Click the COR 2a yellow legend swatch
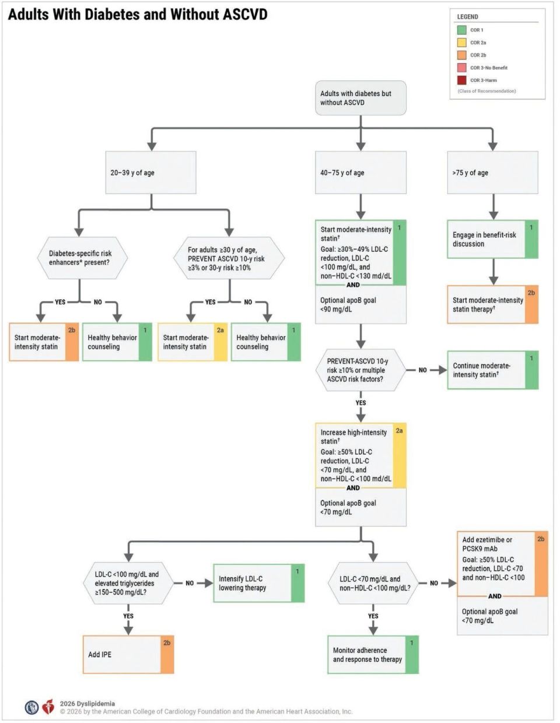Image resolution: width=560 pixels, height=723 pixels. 461,43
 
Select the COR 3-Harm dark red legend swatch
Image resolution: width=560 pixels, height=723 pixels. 461,80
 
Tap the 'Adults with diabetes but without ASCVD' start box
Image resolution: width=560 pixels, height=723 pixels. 360,98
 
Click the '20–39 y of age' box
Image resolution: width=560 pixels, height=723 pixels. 150,173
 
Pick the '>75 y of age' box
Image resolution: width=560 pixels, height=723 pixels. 492,173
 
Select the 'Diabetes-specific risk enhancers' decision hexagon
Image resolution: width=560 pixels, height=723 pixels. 82,258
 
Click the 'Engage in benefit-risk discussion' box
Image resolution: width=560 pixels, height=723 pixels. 492,239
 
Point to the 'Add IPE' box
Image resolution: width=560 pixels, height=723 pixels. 128,654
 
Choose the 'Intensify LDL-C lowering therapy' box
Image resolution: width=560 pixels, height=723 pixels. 259,583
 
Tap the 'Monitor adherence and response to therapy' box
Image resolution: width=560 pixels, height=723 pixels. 373,654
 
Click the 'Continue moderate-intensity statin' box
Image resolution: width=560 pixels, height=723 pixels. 493,370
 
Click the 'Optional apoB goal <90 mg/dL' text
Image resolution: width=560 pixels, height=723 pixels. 348,305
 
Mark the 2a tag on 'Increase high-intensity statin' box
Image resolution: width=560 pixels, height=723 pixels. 399,430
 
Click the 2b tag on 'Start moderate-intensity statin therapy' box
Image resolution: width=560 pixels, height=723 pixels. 531,293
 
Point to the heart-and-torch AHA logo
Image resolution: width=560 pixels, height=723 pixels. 48,707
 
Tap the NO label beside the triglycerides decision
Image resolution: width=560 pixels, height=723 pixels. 190,583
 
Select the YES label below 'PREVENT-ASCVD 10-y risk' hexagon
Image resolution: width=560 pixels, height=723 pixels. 360,402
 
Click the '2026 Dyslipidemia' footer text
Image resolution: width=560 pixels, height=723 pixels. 87,704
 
